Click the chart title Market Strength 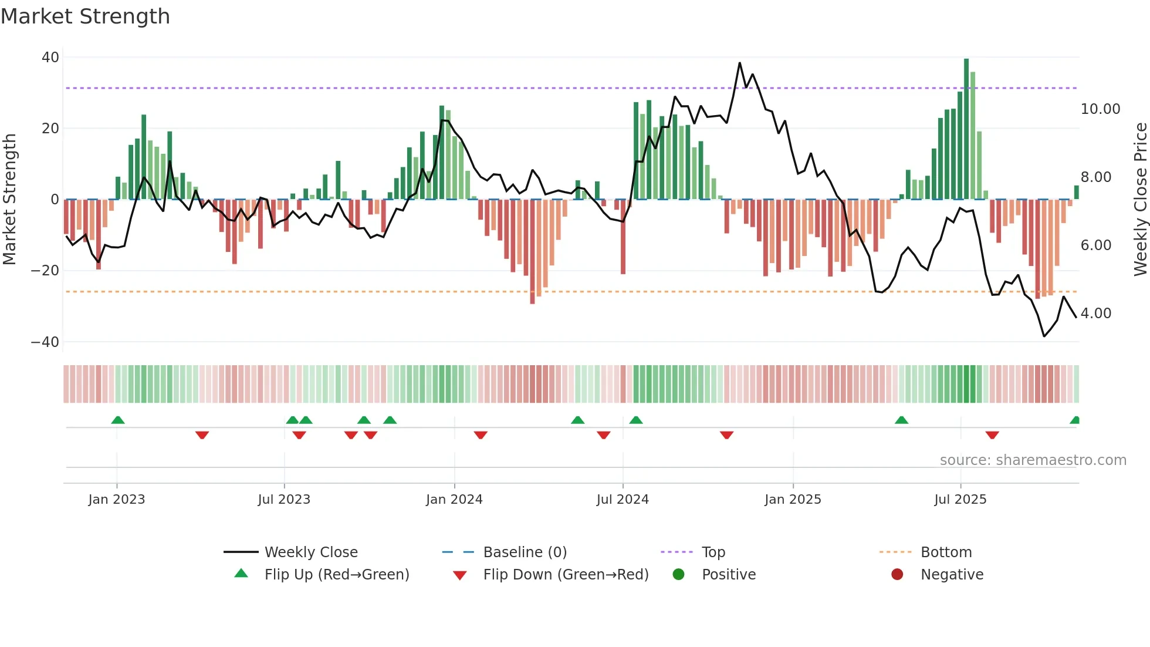pos(85,16)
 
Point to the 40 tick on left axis pos(50,58)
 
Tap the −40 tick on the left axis pos(45,342)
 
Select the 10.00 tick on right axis pos(1100,109)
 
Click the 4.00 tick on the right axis pos(1095,314)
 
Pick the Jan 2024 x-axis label pos(454,500)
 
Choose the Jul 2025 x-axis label pos(960,500)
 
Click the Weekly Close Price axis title pos(1140,200)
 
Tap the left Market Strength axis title pos(9,200)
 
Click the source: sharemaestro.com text pos(1033,460)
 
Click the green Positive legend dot pos(678,575)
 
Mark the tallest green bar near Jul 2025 pos(966,129)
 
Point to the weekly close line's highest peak pos(739,63)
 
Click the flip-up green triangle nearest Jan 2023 pos(117,420)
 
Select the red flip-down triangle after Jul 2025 pos(992,435)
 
